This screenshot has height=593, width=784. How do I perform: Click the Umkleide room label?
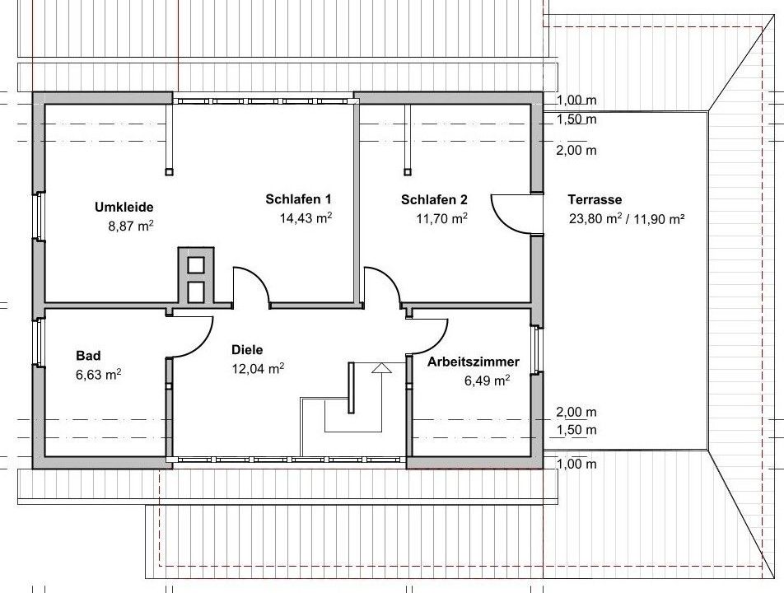click(x=124, y=207)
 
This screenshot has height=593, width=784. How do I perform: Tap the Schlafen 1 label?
click(x=298, y=199)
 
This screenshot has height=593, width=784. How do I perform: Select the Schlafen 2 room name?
click(x=434, y=200)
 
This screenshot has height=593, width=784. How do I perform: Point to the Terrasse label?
click(x=595, y=200)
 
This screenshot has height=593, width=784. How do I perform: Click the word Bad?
click(x=88, y=356)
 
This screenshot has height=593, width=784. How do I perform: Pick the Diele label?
click(x=247, y=350)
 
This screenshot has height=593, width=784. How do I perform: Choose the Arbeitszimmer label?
click(x=473, y=362)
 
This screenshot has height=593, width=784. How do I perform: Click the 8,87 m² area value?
click(x=130, y=226)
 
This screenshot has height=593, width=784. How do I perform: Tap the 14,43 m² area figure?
click(x=306, y=218)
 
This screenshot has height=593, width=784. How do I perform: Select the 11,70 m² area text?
click(x=441, y=218)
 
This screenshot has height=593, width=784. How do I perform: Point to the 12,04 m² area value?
click(x=258, y=369)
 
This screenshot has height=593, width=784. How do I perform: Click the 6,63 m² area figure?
click(x=99, y=375)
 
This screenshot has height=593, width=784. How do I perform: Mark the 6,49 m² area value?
click(x=487, y=381)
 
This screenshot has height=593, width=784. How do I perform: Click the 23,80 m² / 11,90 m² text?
click(x=627, y=218)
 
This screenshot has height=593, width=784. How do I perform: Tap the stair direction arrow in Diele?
click(x=381, y=368)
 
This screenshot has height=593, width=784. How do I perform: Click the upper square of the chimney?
click(x=195, y=264)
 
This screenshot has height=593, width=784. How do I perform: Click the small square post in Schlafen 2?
click(x=408, y=171)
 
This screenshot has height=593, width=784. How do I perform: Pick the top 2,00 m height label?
click(x=576, y=150)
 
